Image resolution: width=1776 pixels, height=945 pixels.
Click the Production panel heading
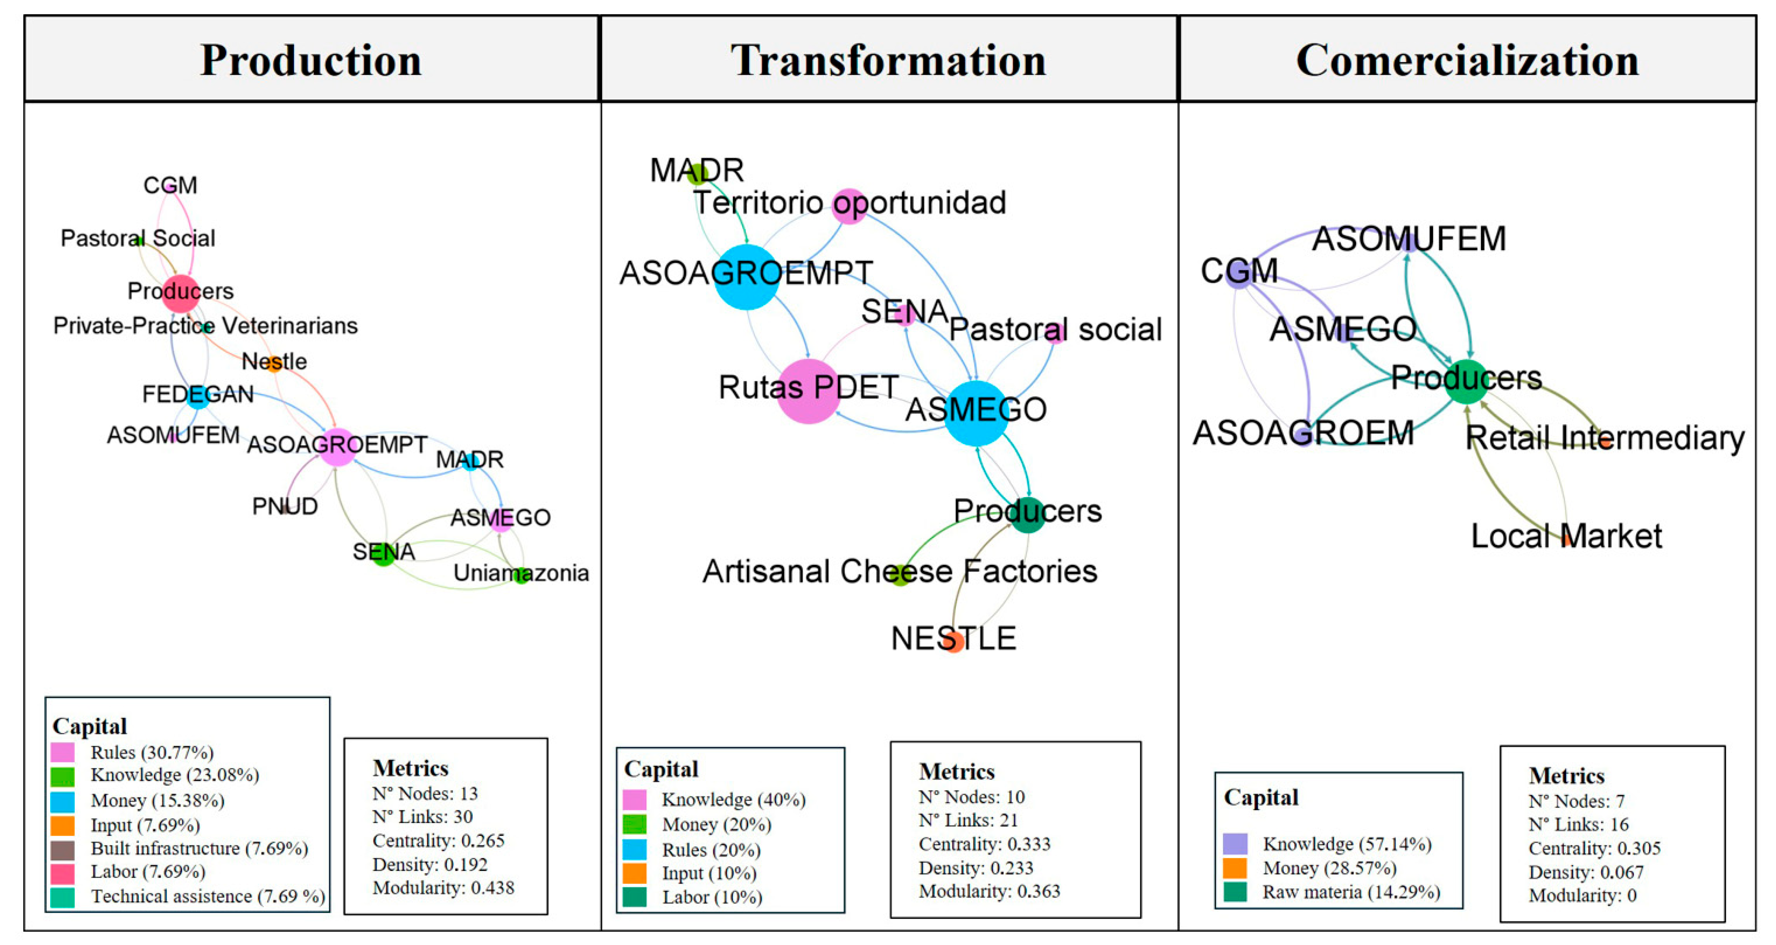click(311, 60)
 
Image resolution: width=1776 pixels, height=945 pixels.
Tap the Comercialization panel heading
click(1467, 60)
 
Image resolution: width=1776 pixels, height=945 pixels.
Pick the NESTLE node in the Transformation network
click(953, 641)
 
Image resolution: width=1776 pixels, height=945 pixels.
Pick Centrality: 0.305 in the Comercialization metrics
click(1594, 848)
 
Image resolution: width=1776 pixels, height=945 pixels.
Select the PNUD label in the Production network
click(285, 507)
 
